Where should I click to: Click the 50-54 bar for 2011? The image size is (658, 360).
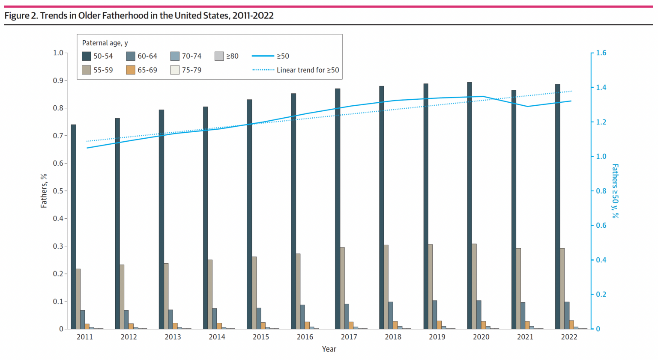click(74, 227)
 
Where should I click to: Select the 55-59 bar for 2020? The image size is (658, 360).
click(474, 286)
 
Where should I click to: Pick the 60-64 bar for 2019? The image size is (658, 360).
click(435, 315)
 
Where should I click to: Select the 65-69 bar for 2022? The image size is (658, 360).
click(571, 324)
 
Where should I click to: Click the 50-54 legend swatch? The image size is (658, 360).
click(87, 56)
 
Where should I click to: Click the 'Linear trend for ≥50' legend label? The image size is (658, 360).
click(308, 70)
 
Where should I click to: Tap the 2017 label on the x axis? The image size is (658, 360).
click(349, 337)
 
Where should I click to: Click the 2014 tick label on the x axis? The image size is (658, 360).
click(217, 337)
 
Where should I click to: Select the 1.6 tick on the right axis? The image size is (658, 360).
click(601, 53)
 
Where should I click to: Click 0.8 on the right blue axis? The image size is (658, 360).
click(601, 191)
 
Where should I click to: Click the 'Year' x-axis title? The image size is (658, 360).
click(329, 349)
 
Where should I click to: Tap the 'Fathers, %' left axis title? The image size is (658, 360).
click(44, 191)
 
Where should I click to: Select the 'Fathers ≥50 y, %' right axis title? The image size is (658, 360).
click(615, 191)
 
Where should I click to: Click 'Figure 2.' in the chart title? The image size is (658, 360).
click(21, 16)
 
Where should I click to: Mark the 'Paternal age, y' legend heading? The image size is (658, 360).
click(105, 43)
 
